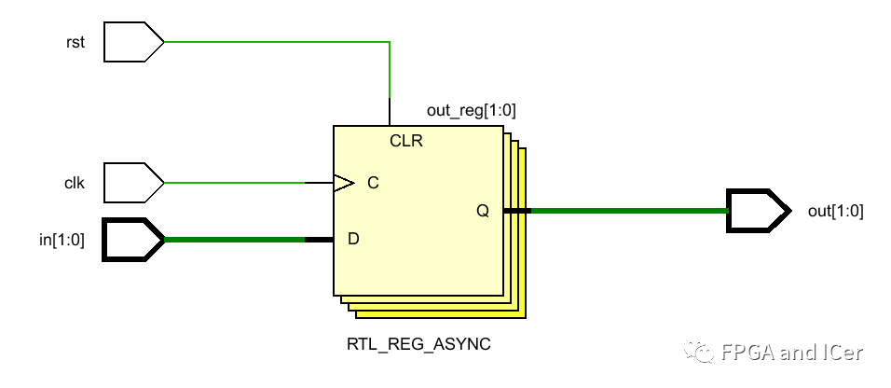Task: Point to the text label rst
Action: pos(75,42)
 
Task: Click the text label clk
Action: pos(75,183)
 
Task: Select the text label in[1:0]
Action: pos(62,240)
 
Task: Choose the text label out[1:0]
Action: pos(835,211)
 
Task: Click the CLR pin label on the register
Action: pos(407,142)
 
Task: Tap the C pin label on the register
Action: pos(373,183)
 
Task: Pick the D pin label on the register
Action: pos(353,240)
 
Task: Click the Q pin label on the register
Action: pos(482,211)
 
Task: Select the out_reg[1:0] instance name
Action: pos(471,111)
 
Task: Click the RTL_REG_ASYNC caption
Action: pos(418,344)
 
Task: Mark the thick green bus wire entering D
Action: pos(233,240)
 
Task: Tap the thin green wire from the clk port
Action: pos(233,183)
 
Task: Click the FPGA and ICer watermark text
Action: pos(792,353)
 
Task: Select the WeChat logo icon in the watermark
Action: pos(703,351)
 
